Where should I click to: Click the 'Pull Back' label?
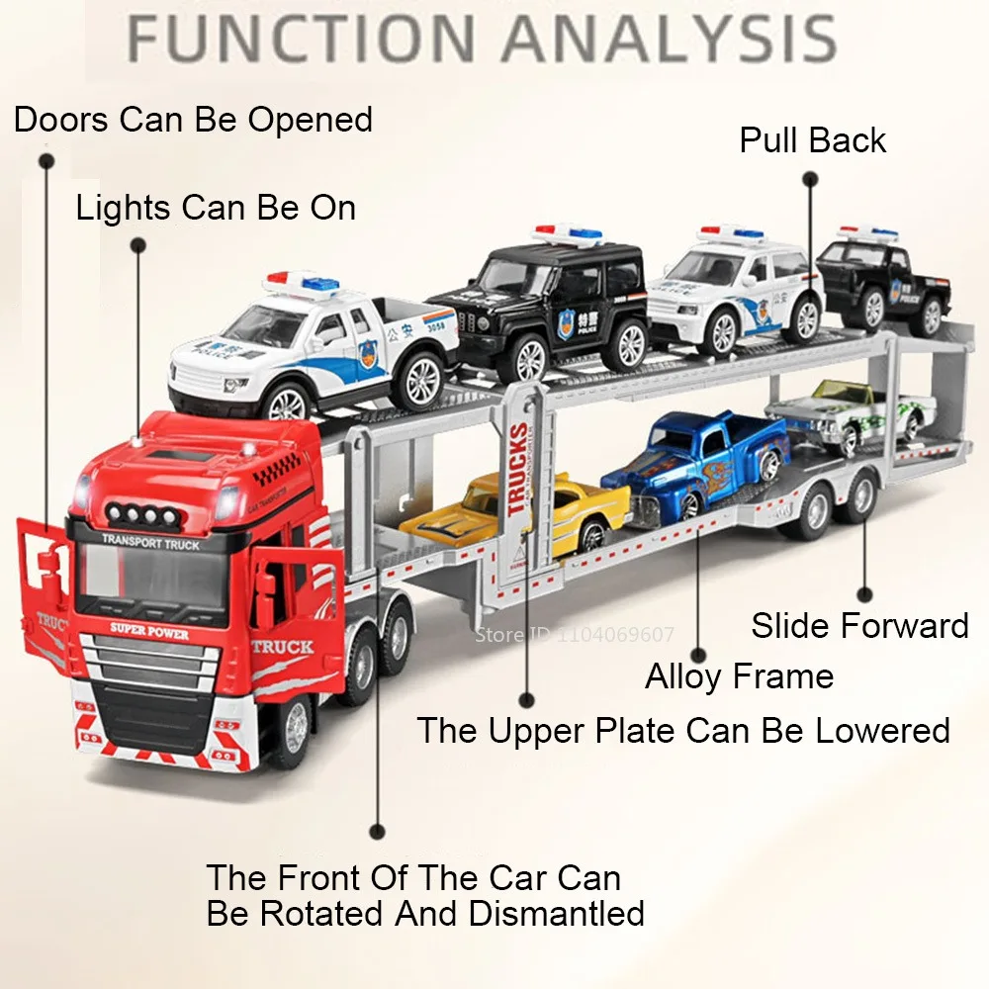[x=812, y=140]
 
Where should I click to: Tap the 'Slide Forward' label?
[x=859, y=625]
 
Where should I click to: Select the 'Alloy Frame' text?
[x=739, y=676]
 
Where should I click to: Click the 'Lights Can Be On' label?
[x=216, y=208]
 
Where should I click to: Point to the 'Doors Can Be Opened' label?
[x=193, y=120]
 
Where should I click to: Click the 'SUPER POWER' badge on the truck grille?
[x=149, y=631]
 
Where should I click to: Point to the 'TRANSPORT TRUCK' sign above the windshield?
[x=150, y=543]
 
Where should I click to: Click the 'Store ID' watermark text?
[x=574, y=635]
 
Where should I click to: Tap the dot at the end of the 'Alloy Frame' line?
[x=697, y=655]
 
